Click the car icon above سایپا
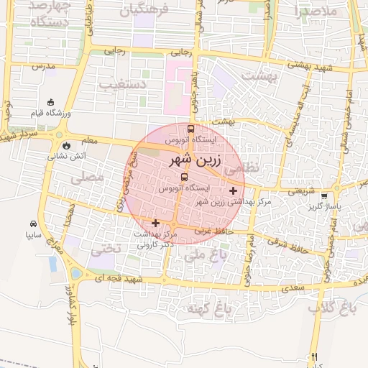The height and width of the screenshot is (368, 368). (33, 224)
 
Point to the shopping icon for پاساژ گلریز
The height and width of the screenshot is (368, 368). (324, 195)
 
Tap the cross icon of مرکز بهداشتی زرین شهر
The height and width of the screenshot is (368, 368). (233, 190)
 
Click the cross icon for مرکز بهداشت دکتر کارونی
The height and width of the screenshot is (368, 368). (155, 224)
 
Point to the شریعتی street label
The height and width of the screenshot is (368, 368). (301, 191)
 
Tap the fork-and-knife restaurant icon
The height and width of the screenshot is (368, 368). (314, 356)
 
